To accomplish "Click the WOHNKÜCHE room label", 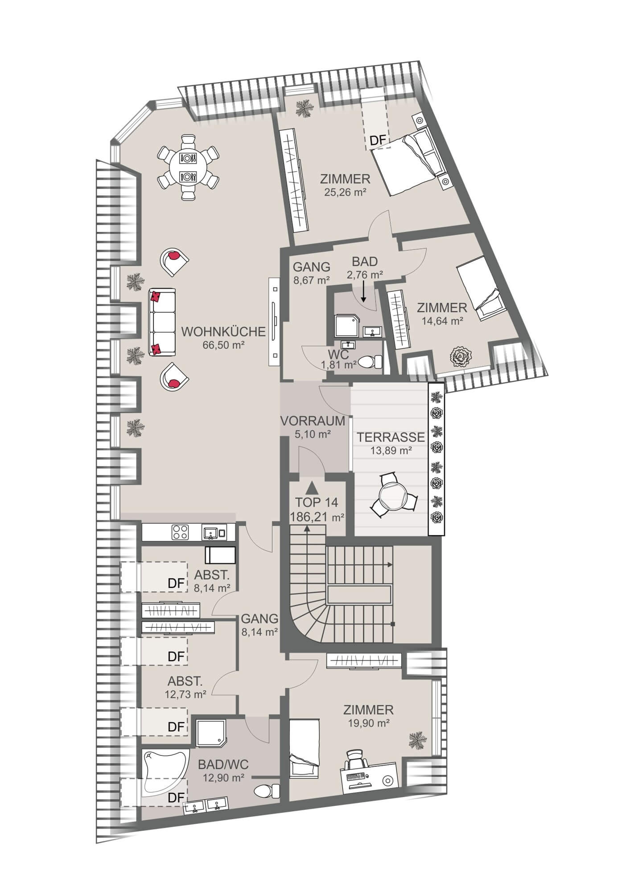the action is [x=224, y=332].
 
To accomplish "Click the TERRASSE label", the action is [x=391, y=438].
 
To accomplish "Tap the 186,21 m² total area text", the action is [x=317, y=517].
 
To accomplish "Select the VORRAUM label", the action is [x=313, y=421].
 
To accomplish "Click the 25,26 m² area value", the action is [x=346, y=193].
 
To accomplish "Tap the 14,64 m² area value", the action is [x=442, y=320].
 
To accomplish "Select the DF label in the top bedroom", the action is [x=377, y=140].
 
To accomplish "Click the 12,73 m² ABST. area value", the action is [x=185, y=694].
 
